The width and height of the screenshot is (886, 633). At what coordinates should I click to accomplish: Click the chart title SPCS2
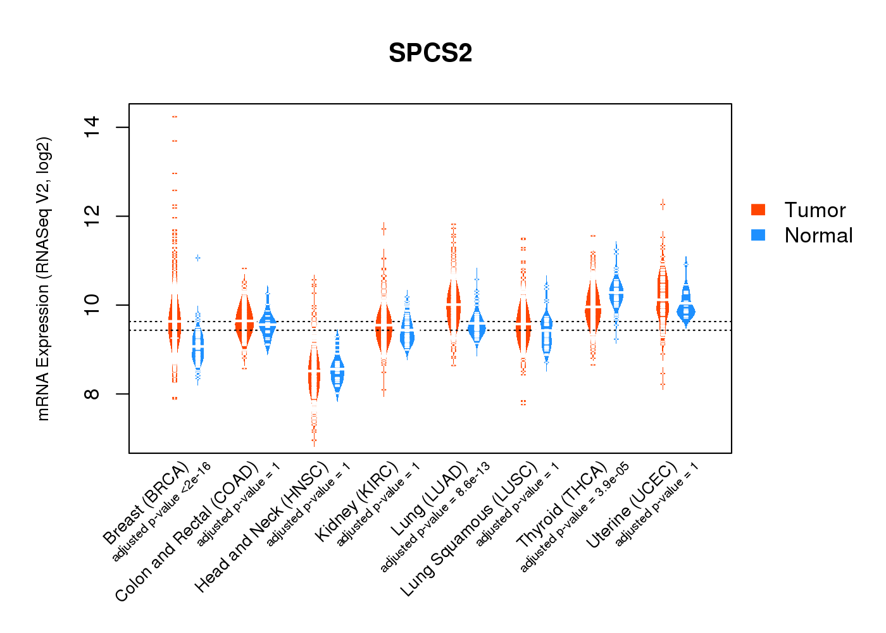point(430,53)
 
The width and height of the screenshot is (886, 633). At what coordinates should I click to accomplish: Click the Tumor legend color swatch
point(758,210)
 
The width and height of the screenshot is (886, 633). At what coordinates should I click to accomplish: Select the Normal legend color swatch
point(758,235)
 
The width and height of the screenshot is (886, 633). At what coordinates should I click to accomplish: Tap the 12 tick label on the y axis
point(92,216)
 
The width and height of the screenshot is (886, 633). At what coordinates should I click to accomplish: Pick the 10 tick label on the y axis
point(92,305)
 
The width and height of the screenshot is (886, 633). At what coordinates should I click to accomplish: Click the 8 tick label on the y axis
point(92,394)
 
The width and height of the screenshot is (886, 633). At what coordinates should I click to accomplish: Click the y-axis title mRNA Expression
point(43,279)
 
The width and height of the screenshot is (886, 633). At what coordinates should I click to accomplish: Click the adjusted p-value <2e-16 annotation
point(161,512)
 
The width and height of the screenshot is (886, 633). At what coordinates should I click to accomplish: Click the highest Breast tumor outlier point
point(175,116)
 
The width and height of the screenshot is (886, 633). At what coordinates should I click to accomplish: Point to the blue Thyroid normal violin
point(616,292)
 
